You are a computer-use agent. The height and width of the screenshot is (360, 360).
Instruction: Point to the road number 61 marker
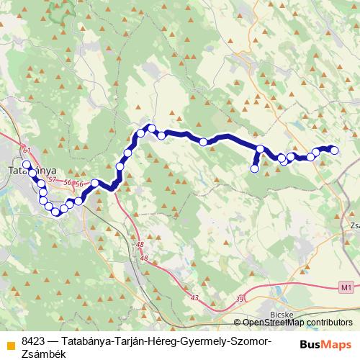28,149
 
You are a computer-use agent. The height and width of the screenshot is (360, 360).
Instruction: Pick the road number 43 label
194,297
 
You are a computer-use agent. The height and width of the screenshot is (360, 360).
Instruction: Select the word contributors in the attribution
331,323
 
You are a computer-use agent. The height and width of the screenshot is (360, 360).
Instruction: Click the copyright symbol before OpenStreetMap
238,323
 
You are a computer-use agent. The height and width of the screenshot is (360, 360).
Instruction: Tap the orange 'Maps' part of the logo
336,345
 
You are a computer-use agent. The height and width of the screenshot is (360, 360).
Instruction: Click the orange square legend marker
9,341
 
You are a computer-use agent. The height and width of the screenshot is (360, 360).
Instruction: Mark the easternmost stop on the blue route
334,150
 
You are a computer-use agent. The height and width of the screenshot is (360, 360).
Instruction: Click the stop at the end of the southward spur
254,168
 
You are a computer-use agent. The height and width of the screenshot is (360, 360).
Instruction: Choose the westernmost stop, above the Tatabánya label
27,165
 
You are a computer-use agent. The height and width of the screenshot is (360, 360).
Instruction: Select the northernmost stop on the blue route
151,128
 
